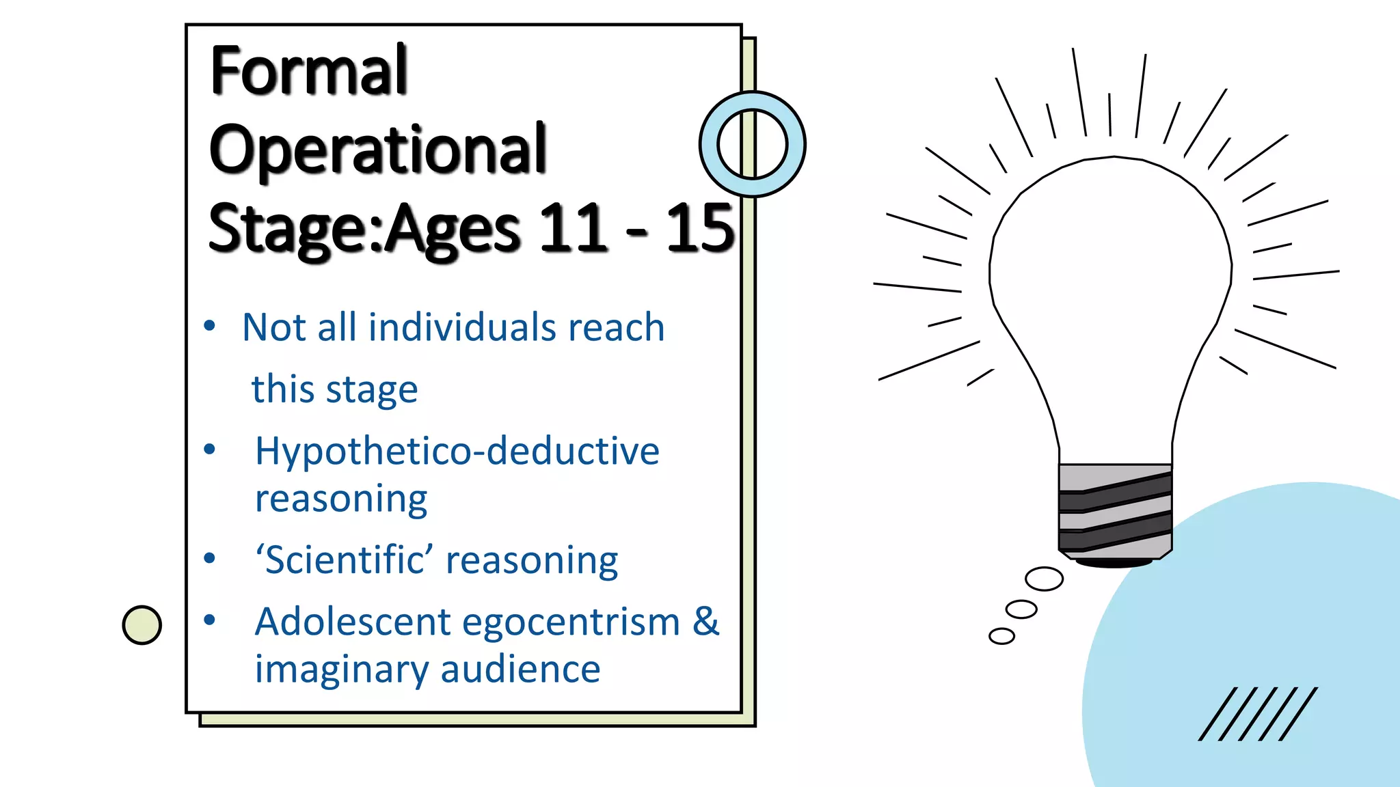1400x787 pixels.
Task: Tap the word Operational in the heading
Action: click(x=377, y=150)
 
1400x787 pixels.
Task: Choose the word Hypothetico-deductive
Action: click(x=457, y=451)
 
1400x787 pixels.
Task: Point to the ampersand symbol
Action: click(x=705, y=621)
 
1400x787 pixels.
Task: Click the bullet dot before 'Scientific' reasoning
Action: click(x=210, y=559)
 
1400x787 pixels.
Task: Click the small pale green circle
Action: click(x=142, y=625)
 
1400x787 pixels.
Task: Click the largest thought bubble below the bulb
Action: click(x=1044, y=579)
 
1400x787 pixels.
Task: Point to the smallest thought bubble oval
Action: click(x=1001, y=636)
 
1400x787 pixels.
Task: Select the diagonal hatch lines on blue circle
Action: click(x=1257, y=714)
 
